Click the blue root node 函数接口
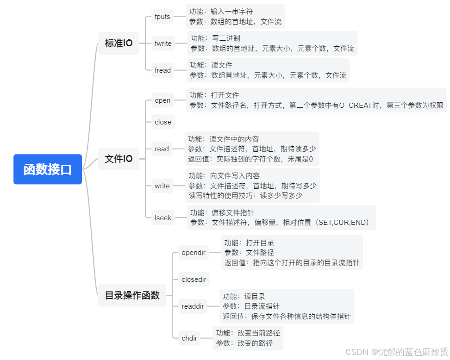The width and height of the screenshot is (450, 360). [x=48, y=169]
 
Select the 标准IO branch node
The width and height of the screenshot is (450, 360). [x=119, y=43]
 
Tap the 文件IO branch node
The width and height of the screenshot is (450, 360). [x=119, y=159]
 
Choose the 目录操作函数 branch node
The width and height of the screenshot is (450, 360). [x=132, y=295]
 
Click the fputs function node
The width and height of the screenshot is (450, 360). [x=162, y=17]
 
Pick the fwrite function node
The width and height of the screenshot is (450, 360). [x=163, y=43]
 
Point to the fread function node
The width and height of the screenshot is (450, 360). [x=162, y=70]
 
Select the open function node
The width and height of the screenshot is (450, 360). [x=162, y=100]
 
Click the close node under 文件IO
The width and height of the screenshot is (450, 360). [x=163, y=122]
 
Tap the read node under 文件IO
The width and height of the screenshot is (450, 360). [x=162, y=149]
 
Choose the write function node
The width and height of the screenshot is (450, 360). [x=162, y=186]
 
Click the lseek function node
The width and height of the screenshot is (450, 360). [x=163, y=217]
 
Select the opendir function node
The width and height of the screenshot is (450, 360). [x=194, y=253]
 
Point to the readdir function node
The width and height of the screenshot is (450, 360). [x=193, y=306]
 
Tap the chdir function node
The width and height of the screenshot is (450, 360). [x=189, y=338]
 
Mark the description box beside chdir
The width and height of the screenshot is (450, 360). [x=248, y=338]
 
